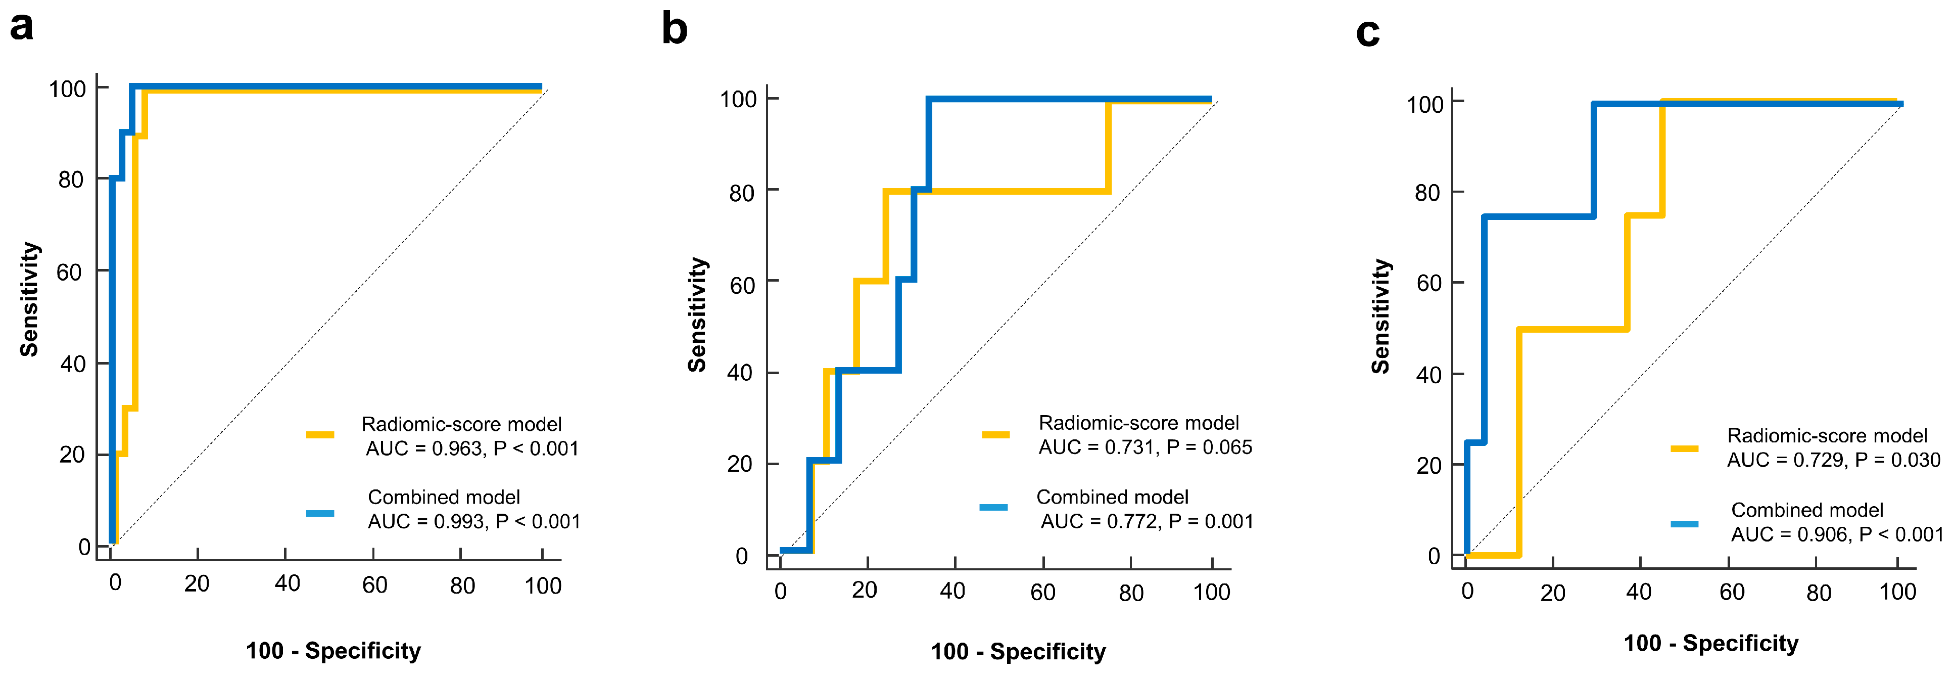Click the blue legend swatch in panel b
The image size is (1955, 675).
click(x=993, y=507)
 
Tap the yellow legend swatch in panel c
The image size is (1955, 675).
click(x=1684, y=448)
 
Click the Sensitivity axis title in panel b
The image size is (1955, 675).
click(x=697, y=315)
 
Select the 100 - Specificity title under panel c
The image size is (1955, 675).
click(x=1710, y=644)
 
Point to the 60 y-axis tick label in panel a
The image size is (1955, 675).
click(x=69, y=272)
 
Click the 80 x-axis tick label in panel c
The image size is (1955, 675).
click(x=1819, y=593)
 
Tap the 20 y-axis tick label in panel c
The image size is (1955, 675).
click(x=1428, y=466)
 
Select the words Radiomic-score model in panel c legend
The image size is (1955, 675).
click(x=1827, y=436)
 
